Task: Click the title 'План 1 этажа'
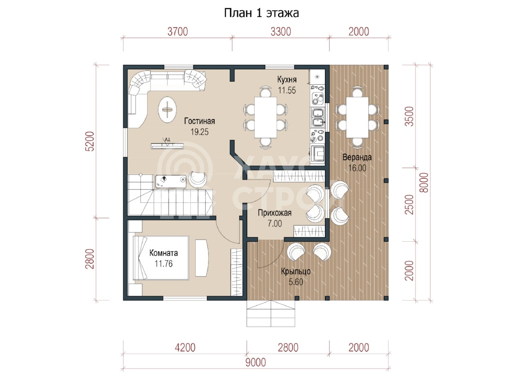pyautogui.click(x=261, y=13)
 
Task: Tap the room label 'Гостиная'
pyautogui.click(x=199, y=121)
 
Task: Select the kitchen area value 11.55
pyautogui.click(x=287, y=90)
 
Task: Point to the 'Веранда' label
pyautogui.click(x=357, y=157)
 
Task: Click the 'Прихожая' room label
pyautogui.click(x=275, y=213)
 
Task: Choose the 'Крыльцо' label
pyautogui.click(x=295, y=271)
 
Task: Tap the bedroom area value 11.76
pyautogui.click(x=163, y=264)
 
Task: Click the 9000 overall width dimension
pyautogui.click(x=255, y=363)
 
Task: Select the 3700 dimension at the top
pyautogui.click(x=177, y=32)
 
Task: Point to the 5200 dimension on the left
pyautogui.click(x=90, y=141)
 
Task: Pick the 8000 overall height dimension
pyautogui.click(x=424, y=183)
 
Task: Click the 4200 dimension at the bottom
pyautogui.click(x=185, y=348)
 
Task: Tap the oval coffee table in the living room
pyautogui.click(x=168, y=109)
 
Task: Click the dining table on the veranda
pyautogui.click(x=357, y=117)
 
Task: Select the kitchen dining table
pyautogui.click(x=266, y=117)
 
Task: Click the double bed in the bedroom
pyautogui.click(x=161, y=258)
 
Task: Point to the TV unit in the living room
pyautogui.click(x=167, y=146)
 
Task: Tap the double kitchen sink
pyautogui.click(x=318, y=118)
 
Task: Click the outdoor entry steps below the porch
pyautogui.click(x=270, y=314)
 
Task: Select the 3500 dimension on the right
pyautogui.click(x=410, y=116)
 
